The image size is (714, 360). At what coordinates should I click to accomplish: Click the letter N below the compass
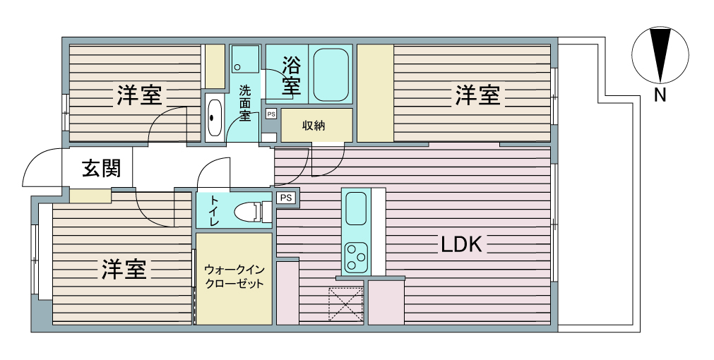[x=660, y=95]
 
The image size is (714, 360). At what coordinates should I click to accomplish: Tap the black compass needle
[x=660, y=54]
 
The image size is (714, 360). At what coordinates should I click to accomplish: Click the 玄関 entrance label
[x=101, y=169]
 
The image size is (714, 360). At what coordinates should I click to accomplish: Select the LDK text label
[x=460, y=245]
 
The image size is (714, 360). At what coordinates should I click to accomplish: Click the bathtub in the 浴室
[x=331, y=75]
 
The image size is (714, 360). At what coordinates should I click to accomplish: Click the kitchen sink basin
[x=356, y=208]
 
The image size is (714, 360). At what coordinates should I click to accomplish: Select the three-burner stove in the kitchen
[x=356, y=257]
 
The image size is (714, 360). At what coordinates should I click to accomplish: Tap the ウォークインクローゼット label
[x=234, y=277]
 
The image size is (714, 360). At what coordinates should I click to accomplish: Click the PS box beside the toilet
[x=285, y=198]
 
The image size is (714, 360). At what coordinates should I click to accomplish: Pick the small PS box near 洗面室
[x=271, y=114]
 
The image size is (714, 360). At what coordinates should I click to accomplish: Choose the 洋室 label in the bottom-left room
[x=124, y=269]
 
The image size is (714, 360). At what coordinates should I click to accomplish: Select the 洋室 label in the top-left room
[x=140, y=95]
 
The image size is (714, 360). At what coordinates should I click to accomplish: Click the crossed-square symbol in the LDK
[x=345, y=304]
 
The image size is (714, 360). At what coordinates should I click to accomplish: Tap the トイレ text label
[x=213, y=211]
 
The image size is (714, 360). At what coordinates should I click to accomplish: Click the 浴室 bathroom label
[x=292, y=76]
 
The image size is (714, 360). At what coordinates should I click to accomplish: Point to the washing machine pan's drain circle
[x=237, y=68]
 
